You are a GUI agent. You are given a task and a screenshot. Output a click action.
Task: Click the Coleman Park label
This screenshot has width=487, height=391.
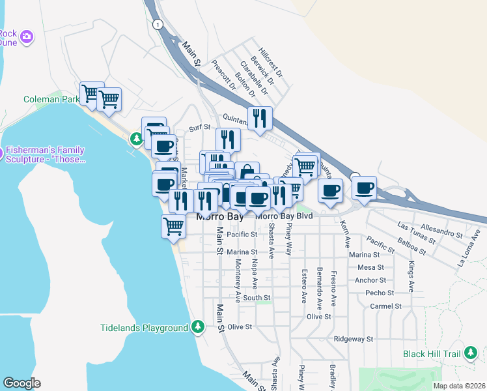(51, 100)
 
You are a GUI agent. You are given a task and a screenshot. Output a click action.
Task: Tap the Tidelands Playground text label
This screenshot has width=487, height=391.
(144, 328)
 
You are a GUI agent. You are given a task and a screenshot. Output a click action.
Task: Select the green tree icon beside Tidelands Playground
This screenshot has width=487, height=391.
(198, 327)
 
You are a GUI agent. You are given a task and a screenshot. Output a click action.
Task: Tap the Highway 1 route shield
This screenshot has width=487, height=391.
(157, 23)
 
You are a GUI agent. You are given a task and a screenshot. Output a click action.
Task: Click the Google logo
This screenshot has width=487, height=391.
(21, 383)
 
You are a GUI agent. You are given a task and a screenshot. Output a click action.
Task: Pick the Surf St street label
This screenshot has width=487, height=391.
(200, 128)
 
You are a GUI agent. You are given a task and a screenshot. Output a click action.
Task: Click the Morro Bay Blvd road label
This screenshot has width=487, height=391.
(284, 216)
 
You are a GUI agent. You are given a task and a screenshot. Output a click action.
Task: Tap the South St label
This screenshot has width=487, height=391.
(257, 298)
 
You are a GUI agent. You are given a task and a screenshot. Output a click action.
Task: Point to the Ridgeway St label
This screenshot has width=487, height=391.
(353, 339)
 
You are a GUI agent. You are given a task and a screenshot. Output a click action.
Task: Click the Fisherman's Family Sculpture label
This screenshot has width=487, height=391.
(47, 155)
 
